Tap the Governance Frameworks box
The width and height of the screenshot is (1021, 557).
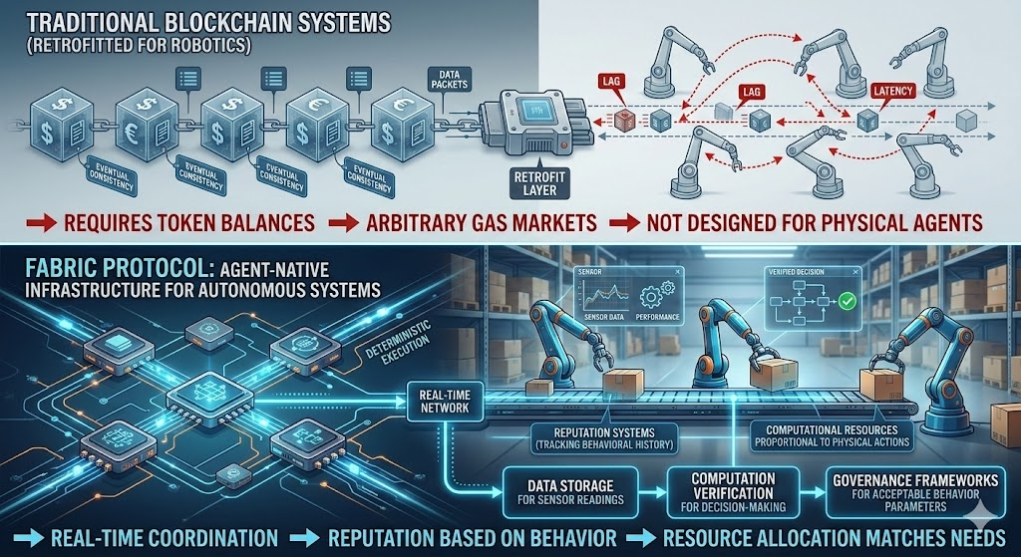(x=914, y=490)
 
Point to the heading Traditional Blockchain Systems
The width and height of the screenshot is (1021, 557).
(x=189, y=21)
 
